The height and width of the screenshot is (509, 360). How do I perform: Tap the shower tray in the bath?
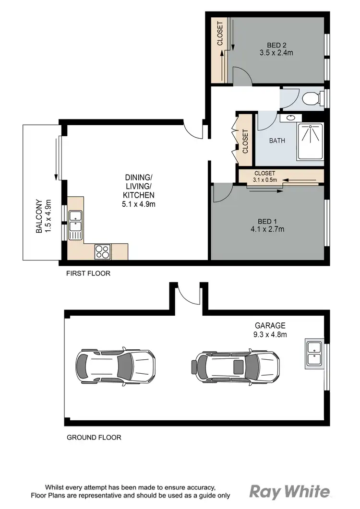click(x=310, y=141)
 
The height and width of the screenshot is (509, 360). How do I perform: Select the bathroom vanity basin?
click(x=291, y=117)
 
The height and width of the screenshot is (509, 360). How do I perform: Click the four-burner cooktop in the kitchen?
click(x=103, y=251)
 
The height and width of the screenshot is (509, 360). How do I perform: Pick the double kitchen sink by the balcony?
click(x=75, y=225)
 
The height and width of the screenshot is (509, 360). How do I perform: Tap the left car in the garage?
click(x=115, y=365)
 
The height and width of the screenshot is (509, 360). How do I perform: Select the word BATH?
click(x=277, y=141)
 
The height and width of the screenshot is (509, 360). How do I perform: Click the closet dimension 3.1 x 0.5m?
click(x=264, y=180)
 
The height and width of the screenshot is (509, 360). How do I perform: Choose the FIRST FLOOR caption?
click(x=88, y=273)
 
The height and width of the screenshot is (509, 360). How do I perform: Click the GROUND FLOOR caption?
click(x=94, y=437)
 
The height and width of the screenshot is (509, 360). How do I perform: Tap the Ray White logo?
click(x=290, y=492)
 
